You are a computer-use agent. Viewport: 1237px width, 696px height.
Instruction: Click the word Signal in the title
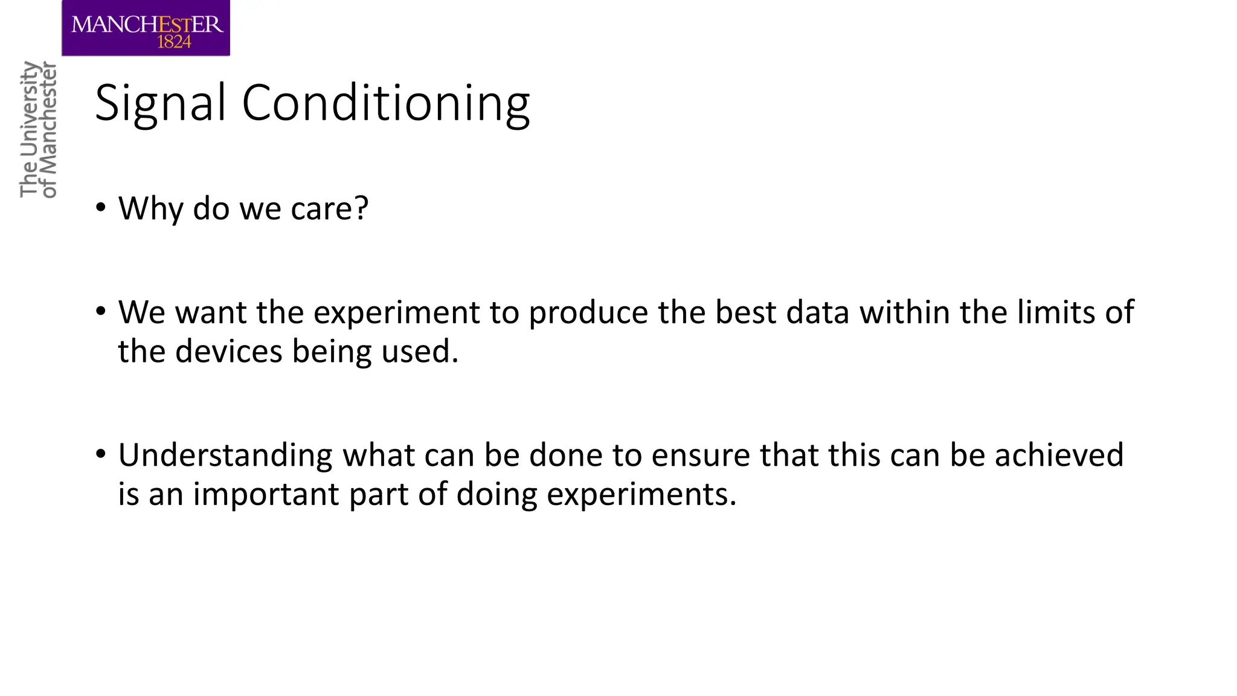tap(160, 104)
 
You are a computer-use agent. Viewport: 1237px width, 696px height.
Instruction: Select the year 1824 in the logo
tap(174, 42)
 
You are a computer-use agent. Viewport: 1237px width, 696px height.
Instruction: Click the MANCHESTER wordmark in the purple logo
tap(147, 25)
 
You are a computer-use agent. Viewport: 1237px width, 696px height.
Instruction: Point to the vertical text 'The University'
tap(29, 129)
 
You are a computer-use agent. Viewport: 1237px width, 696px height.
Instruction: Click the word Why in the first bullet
tap(150, 209)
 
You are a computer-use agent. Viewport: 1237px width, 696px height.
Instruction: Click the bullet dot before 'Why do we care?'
tap(101, 208)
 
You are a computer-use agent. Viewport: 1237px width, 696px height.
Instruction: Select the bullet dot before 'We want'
tap(101, 312)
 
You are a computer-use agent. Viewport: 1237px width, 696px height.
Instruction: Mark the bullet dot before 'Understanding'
tap(101, 454)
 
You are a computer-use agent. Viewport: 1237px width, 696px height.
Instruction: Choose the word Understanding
tap(225, 456)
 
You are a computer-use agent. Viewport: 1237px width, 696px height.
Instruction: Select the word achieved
tap(1059, 456)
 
